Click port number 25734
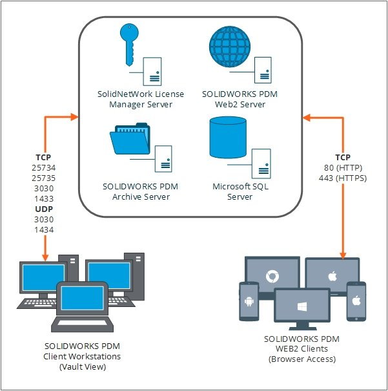45,167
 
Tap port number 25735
45,178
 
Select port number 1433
45,198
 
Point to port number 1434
45,229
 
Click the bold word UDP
45,209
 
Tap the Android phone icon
249,301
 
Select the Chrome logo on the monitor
272,277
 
